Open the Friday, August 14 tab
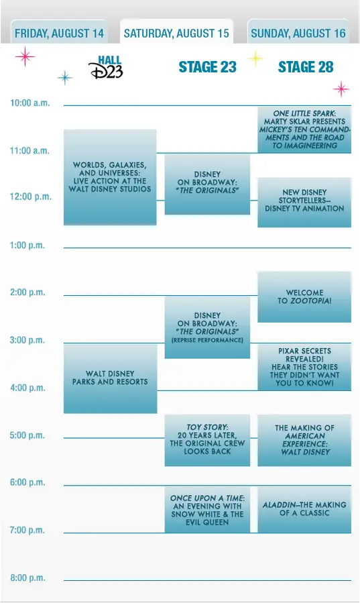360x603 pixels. click(x=59, y=32)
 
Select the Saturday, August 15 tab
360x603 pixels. click(x=176, y=32)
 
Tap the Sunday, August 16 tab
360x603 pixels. click(x=298, y=32)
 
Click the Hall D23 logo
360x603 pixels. click(x=106, y=67)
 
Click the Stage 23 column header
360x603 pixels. click(x=207, y=67)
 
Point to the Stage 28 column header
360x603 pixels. click(x=306, y=67)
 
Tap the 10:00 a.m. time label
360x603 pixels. click(x=30, y=103)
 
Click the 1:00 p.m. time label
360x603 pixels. click(x=27, y=245)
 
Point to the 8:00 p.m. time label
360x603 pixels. click(x=27, y=578)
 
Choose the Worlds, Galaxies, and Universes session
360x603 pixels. click(x=110, y=177)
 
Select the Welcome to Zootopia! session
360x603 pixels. click(x=304, y=297)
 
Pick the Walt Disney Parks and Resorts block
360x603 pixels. click(x=110, y=378)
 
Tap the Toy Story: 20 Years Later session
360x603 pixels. click(x=207, y=440)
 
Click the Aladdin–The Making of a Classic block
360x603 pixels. click(x=304, y=510)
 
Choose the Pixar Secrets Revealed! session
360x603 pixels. click(x=304, y=367)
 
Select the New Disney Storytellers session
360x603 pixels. click(x=304, y=203)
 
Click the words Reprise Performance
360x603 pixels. click(x=207, y=340)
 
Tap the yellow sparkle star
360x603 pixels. click(x=255, y=59)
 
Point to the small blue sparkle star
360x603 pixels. click(x=65, y=78)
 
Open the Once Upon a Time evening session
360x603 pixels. click(x=207, y=510)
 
